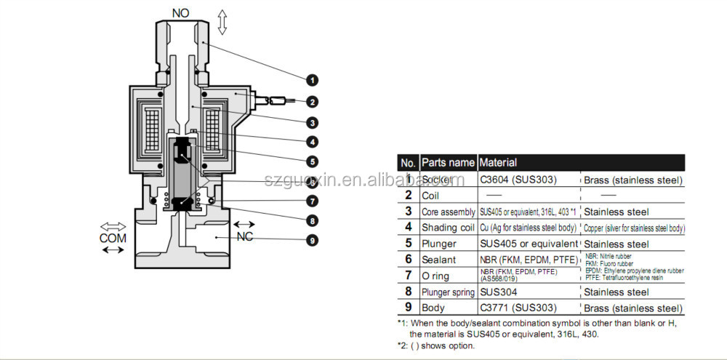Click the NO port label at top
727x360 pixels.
point(180,13)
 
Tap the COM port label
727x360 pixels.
point(113,238)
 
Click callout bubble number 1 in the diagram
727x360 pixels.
point(311,79)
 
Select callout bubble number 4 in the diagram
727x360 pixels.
point(311,142)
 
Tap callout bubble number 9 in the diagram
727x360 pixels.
point(311,240)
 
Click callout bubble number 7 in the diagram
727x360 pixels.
point(311,201)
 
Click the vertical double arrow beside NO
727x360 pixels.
point(222,23)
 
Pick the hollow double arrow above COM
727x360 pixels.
point(113,226)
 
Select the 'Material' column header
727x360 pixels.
point(498,163)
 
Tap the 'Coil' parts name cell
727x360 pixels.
point(433,195)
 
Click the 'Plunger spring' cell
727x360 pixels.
point(448,292)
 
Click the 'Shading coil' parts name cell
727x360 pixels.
point(448,228)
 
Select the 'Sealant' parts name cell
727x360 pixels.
point(439,260)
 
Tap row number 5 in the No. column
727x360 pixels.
point(409,244)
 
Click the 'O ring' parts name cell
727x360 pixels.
point(437,276)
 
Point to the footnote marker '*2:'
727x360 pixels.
point(403,345)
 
